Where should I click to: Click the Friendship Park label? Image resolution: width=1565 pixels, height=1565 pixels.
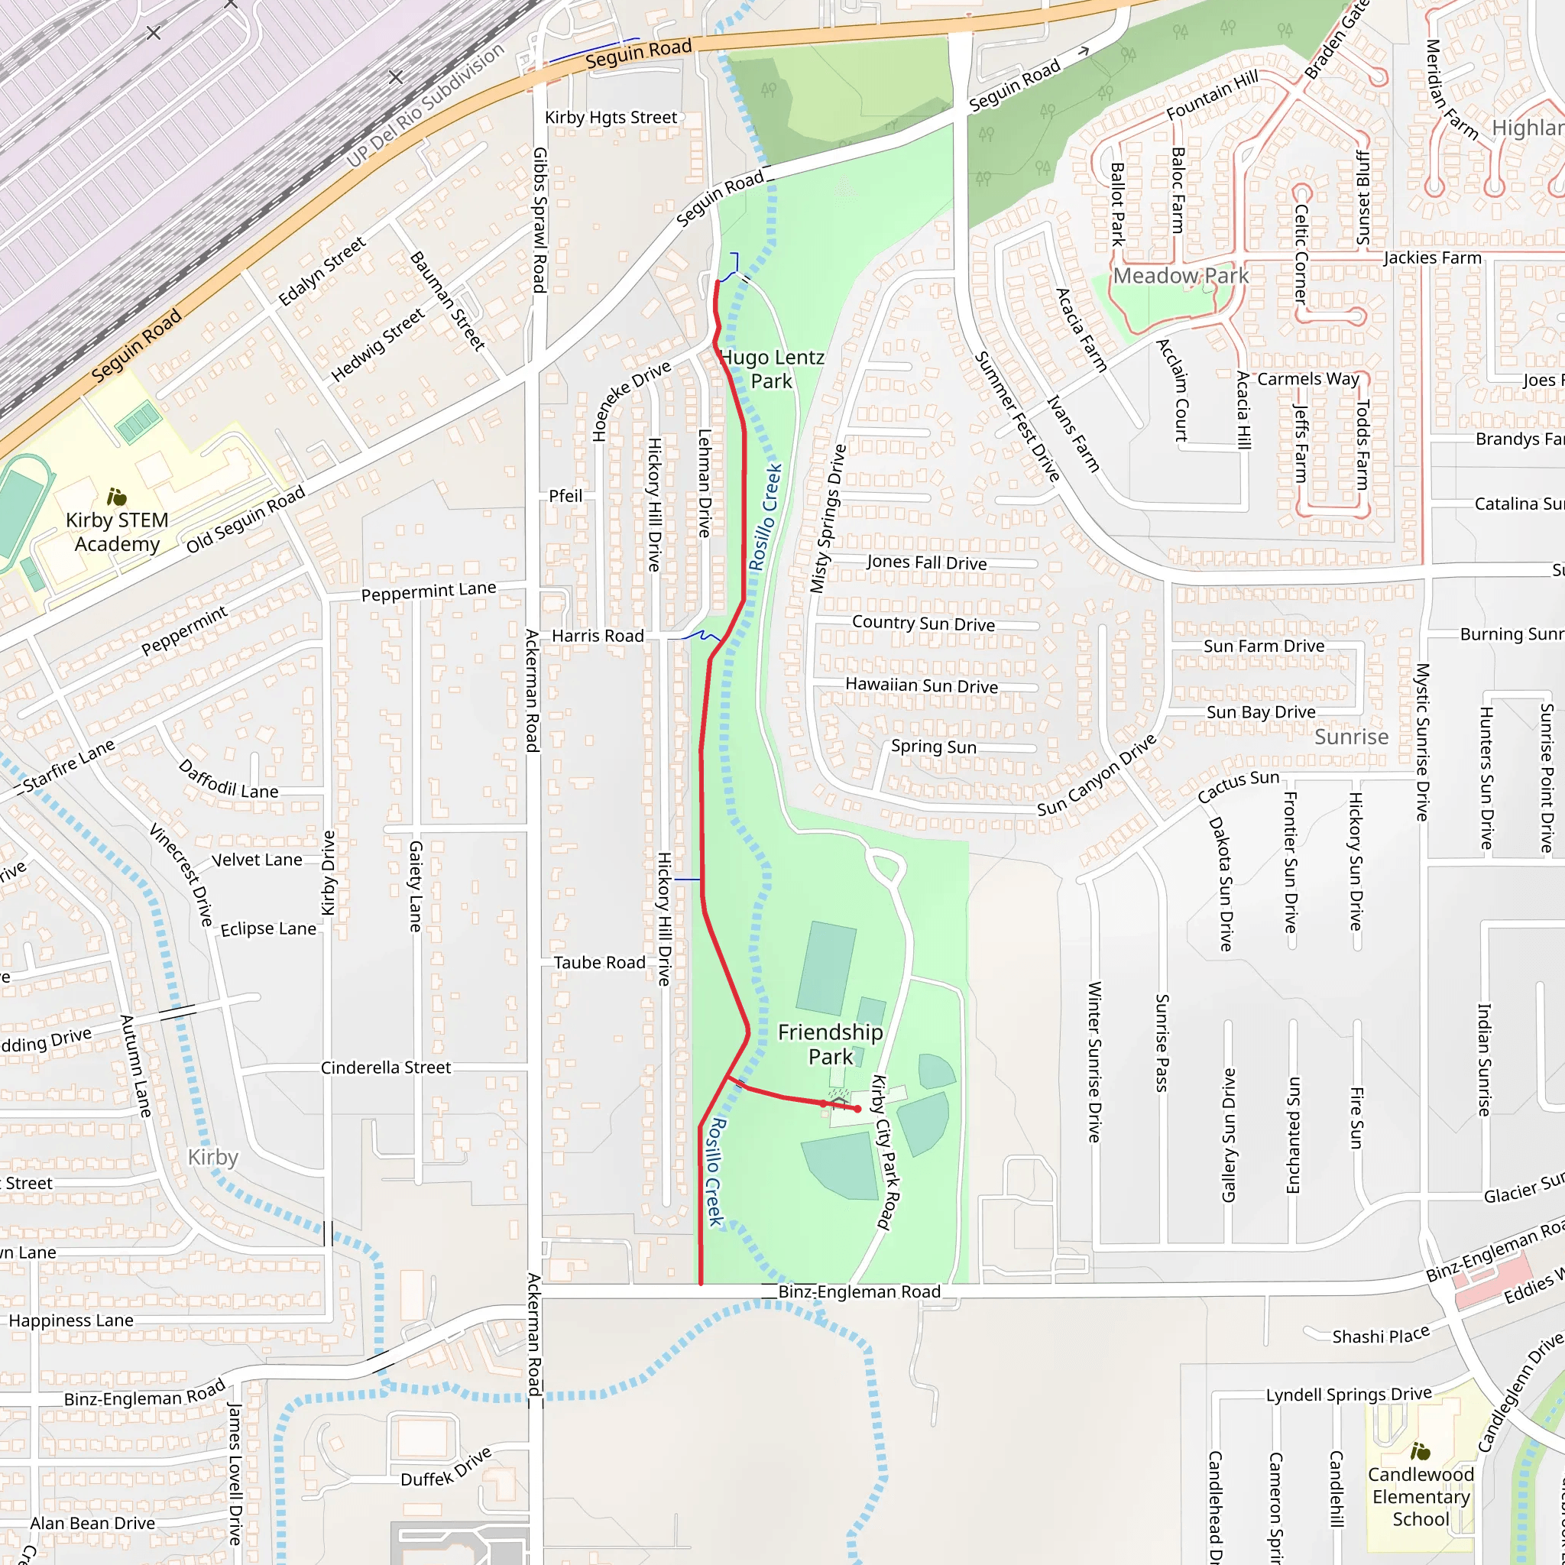pyautogui.click(x=831, y=1044)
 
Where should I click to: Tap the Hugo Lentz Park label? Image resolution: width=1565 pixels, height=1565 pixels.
pyautogui.click(x=771, y=368)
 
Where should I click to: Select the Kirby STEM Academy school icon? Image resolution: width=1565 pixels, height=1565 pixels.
pyautogui.click(x=117, y=497)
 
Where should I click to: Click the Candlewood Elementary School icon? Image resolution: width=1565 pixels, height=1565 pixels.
pyautogui.click(x=1420, y=1451)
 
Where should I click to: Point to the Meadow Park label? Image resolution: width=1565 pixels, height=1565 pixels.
pyautogui.click(x=1180, y=275)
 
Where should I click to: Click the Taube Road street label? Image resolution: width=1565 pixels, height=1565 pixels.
pyautogui.click(x=599, y=962)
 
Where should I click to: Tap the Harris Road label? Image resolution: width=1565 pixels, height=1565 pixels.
pyautogui.click(x=598, y=636)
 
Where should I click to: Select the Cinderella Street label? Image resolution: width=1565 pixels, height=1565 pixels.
pyautogui.click(x=386, y=1068)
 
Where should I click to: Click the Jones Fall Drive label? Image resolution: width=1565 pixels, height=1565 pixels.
pyautogui.click(x=927, y=562)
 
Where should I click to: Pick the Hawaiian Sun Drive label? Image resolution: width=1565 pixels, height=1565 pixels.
pyautogui.click(x=922, y=685)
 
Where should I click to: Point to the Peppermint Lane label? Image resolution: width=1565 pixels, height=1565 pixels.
pyautogui.click(x=429, y=591)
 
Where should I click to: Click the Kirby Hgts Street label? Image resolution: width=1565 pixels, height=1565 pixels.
pyautogui.click(x=611, y=118)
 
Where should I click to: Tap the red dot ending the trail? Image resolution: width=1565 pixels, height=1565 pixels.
pyautogui.click(x=857, y=1109)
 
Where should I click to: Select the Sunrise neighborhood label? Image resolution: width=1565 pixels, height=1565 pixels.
pyautogui.click(x=1351, y=737)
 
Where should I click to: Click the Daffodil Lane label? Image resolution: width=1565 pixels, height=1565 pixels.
pyautogui.click(x=228, y=779)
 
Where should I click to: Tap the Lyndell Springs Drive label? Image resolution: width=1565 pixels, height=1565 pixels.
pyautogui.click(x=1349, y=1394)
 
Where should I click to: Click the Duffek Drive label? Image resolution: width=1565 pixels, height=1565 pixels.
pyautogui.click(x=446, y=1467)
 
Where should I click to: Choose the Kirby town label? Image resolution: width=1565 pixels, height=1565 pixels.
pyautogui.click(x=213, y=1157)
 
